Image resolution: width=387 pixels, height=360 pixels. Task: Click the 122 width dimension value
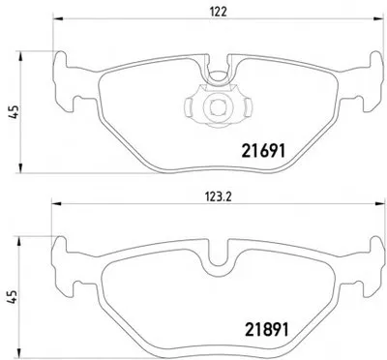point(219,12)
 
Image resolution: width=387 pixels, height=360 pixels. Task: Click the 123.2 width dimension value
point(219,197)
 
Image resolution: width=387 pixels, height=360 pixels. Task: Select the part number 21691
point(264,151)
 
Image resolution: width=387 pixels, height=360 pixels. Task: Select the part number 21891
point(267,329)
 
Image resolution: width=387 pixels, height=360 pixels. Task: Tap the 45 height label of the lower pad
point(12,297)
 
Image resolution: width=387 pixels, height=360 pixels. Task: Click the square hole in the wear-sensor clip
point(216,106)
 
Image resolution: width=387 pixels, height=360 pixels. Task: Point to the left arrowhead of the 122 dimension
point(57,19)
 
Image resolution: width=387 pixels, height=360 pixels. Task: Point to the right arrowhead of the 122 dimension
point(378,19)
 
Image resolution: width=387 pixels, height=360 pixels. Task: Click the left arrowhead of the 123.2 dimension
point(56,204)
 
